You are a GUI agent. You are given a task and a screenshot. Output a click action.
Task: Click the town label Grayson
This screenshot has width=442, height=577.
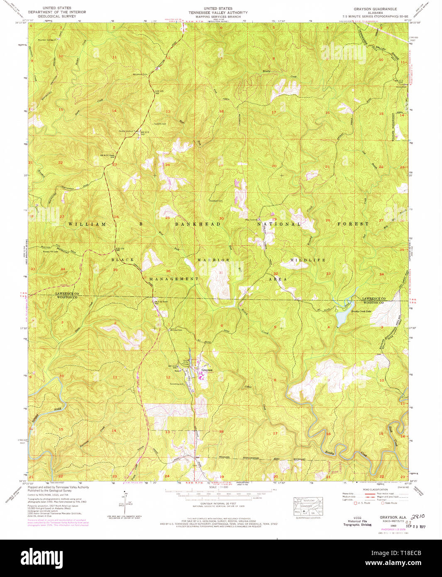click(x=207, y=370)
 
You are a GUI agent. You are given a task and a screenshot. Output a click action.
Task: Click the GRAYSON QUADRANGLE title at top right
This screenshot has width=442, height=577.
click(x=375, y=9)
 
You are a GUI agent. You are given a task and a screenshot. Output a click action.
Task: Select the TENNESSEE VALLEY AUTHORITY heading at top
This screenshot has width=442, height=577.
click(x=218, y=12)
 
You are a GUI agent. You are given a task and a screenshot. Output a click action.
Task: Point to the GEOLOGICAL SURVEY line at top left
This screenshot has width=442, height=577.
click(x=57, y=17)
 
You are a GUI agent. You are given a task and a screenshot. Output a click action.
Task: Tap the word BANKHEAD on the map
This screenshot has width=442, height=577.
click(x=198, y=224)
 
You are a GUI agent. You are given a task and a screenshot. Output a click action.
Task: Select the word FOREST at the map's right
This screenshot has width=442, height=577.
click(x=353, y=224)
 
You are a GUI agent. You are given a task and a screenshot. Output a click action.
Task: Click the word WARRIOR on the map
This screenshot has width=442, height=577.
click(x=213, y=260)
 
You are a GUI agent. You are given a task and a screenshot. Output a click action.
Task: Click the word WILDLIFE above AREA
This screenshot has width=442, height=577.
click(x=308, y=260)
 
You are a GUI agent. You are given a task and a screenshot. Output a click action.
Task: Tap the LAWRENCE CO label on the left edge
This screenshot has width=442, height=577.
click(x=67, y=293)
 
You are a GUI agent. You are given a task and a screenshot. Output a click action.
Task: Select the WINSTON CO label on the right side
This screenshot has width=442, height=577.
click(x=374, y=302)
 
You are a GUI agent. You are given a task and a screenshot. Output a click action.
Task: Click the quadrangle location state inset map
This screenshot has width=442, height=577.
click(x=308, y=507)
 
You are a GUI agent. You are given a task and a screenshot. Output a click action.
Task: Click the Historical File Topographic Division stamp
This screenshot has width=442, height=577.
click(x=357, y=523)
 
